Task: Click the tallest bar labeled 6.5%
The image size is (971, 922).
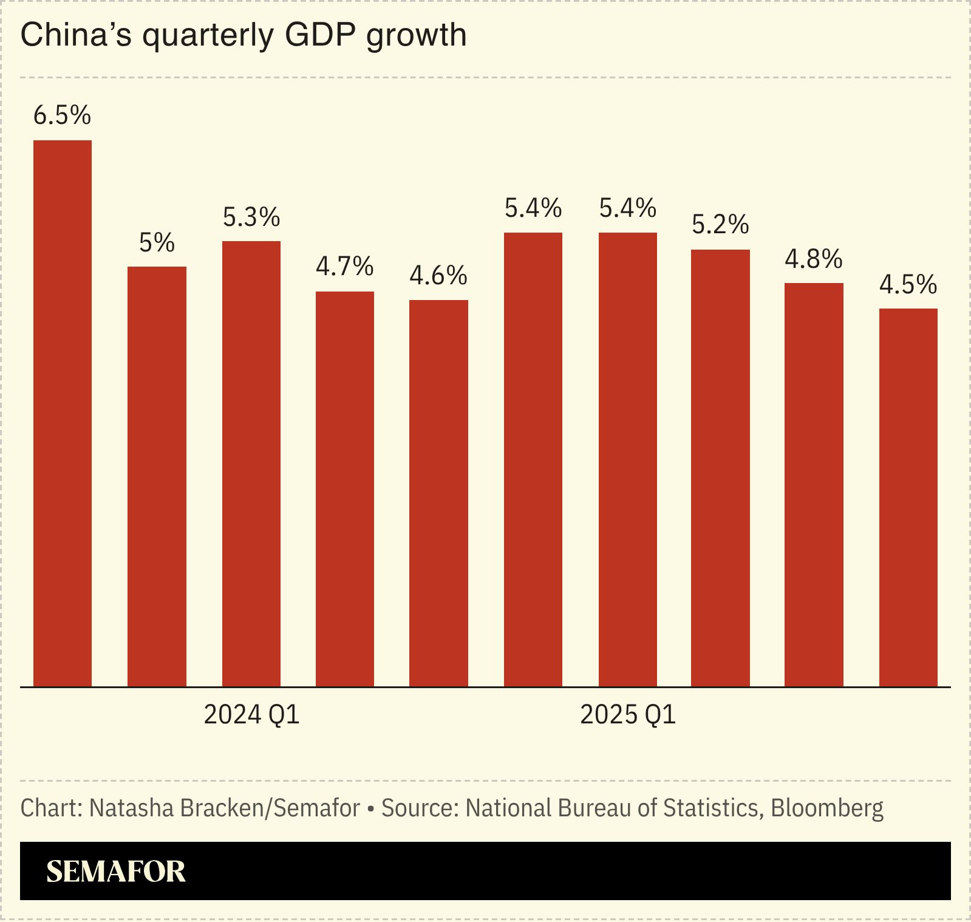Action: [63, 413]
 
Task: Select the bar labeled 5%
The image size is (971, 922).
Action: [157, 477]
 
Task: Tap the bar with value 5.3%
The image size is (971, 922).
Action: [251, 464]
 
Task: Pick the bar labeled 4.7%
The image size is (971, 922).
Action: [345, 489]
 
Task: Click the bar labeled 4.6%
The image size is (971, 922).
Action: [438, 493]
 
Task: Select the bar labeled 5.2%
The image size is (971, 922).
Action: [720, 468]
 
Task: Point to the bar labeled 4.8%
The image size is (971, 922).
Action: [814, 485]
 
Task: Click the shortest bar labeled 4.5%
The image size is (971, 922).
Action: [908, 497]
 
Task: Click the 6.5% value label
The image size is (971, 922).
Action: [62, 115]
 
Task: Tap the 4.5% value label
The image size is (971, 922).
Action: [908, 284]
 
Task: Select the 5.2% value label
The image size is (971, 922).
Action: [720, 225]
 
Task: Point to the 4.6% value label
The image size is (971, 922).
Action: [438, 276]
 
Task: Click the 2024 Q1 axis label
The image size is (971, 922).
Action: [251, 715]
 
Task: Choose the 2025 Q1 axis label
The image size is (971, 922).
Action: [628, 715]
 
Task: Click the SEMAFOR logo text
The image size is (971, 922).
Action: [116, 872]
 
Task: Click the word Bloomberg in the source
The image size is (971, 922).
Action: [827, 808]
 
